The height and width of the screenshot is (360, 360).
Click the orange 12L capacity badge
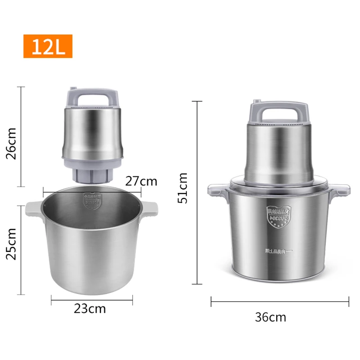(48, 46)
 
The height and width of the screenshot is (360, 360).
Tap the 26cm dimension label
(12, 144)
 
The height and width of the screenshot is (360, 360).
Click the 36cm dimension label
(270, 317)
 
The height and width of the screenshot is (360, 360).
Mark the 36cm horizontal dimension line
(280, 301)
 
